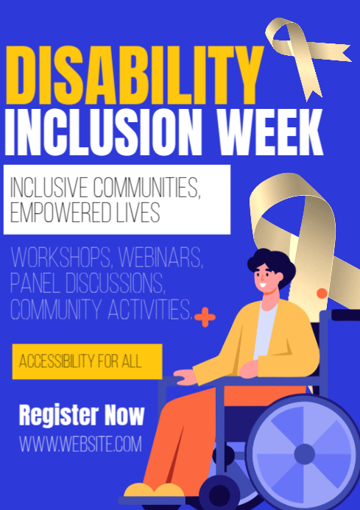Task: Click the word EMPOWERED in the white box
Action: [61, 212]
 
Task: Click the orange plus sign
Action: [205, 317]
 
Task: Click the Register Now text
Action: [81, 414]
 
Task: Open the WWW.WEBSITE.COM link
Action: [80, 444]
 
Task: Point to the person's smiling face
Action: [265, 279]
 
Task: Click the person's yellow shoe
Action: [151, 492]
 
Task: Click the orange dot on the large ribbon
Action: [321, 293]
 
